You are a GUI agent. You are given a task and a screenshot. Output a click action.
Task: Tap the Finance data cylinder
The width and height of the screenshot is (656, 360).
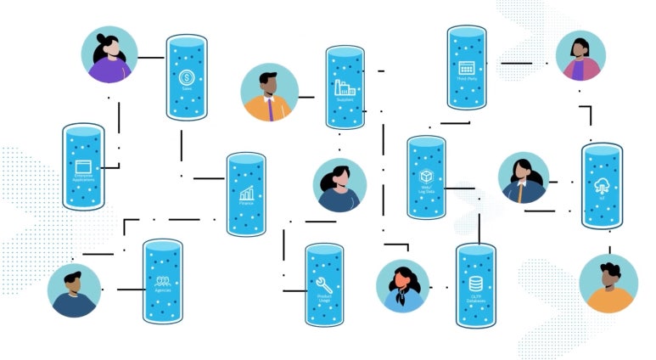pyautogui.click(x=246, y=194)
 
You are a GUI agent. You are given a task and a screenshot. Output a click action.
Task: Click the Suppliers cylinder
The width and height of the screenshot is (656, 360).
pyautogui.click(x=345, y=88)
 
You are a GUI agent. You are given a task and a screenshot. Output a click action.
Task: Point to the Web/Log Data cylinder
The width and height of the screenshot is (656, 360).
pyautogui.click(x=426, y=177)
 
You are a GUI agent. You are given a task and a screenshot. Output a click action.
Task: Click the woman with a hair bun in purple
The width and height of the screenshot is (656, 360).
pyautogui.click(x=109, y=55)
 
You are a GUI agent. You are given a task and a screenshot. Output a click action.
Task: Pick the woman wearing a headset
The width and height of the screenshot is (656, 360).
pyautogui.click(x=340, y=184)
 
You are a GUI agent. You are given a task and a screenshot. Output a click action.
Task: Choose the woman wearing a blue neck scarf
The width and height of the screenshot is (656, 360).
pyautogui.click(x=402, y=285)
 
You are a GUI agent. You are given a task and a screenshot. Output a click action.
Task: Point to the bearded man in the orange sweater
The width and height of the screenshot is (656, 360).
pyautogui.click(x=608, y=284)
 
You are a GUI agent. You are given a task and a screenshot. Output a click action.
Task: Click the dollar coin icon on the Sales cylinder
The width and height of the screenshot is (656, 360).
pyautogui.click(x=187, y=77)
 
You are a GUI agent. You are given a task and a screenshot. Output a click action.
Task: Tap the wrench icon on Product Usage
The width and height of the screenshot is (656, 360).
pyautogui.click(x=323, y=284)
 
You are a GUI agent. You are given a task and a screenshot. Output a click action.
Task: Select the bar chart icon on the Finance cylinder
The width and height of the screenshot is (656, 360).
pyautogui.click(x=246, y=194)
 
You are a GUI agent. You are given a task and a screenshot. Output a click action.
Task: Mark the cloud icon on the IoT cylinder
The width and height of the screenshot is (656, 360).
pyautogui.click(x=601, y=187)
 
